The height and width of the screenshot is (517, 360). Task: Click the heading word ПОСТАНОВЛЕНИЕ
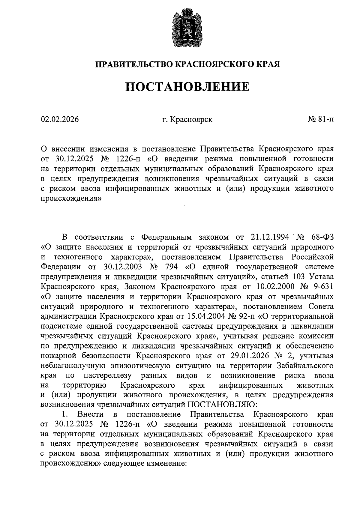[187, 87]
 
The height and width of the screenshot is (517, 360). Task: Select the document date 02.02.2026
[60, 119]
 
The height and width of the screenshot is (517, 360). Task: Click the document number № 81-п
[320, 119]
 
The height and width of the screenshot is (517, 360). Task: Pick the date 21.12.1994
[268, 237]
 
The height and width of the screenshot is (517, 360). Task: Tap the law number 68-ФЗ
[322, 237]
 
